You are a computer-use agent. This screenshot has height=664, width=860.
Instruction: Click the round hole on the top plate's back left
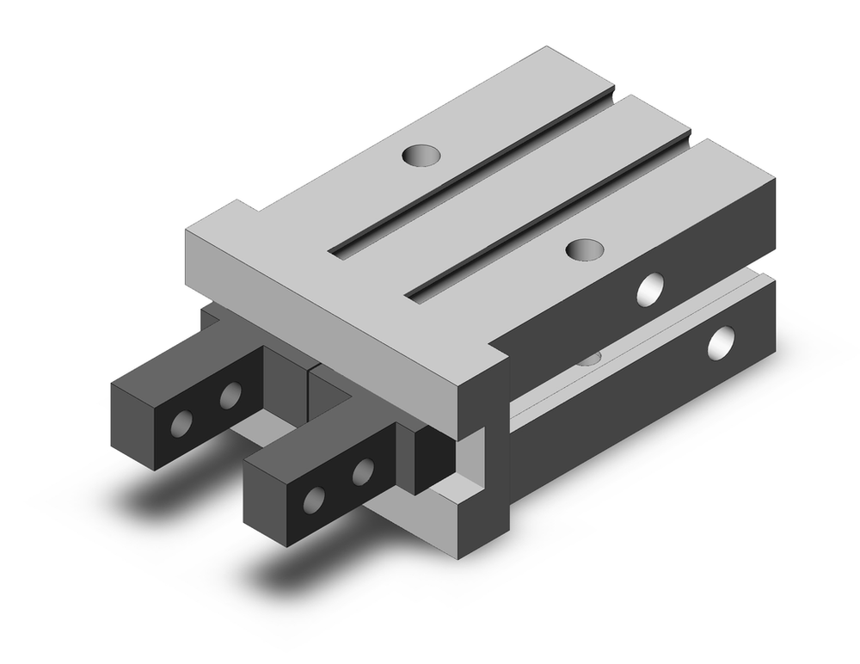coord(421,156)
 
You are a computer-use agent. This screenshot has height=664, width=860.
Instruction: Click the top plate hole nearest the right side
coord(585,249)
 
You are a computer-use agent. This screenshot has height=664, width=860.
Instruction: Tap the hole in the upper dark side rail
coord(651,289)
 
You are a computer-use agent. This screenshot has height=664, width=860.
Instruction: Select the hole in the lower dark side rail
coord(721,341)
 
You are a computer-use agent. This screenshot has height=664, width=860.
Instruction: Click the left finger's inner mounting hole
coord(230,396)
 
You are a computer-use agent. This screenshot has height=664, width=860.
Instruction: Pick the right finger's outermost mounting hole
coord(316,499)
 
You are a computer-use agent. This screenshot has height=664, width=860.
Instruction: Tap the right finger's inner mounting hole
coord(363,470)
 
